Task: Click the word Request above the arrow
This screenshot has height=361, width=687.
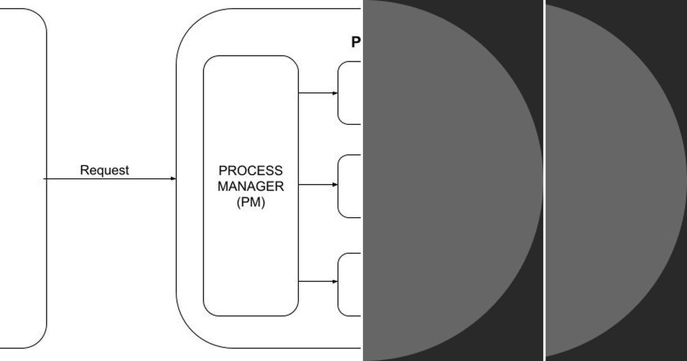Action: tap(104, 170)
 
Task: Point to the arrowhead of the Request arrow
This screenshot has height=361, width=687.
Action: tap(173, 179)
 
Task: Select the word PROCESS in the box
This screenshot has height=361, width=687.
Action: tap(251, 171)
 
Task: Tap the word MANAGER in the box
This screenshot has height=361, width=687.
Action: tap(251, 186)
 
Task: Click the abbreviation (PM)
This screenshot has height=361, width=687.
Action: tap(251, 202)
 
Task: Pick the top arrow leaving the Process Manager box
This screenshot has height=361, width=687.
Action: tap(318, 93)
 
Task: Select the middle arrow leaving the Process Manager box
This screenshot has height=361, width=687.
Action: tap(318, 185)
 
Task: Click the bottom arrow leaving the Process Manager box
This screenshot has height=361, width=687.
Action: tap(318, 281)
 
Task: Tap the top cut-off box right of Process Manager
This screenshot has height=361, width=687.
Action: tap(350, 93)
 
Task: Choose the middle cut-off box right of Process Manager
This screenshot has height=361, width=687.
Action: tap(350, 186)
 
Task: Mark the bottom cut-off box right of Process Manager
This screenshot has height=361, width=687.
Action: tap(350, 284)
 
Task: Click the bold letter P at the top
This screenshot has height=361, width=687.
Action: tap(356, 42)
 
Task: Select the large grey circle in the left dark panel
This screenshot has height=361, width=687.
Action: tap(447, 180)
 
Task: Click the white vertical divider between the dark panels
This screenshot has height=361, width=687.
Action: tap(544, 180)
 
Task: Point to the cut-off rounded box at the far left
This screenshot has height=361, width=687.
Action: tap(23, 178)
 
